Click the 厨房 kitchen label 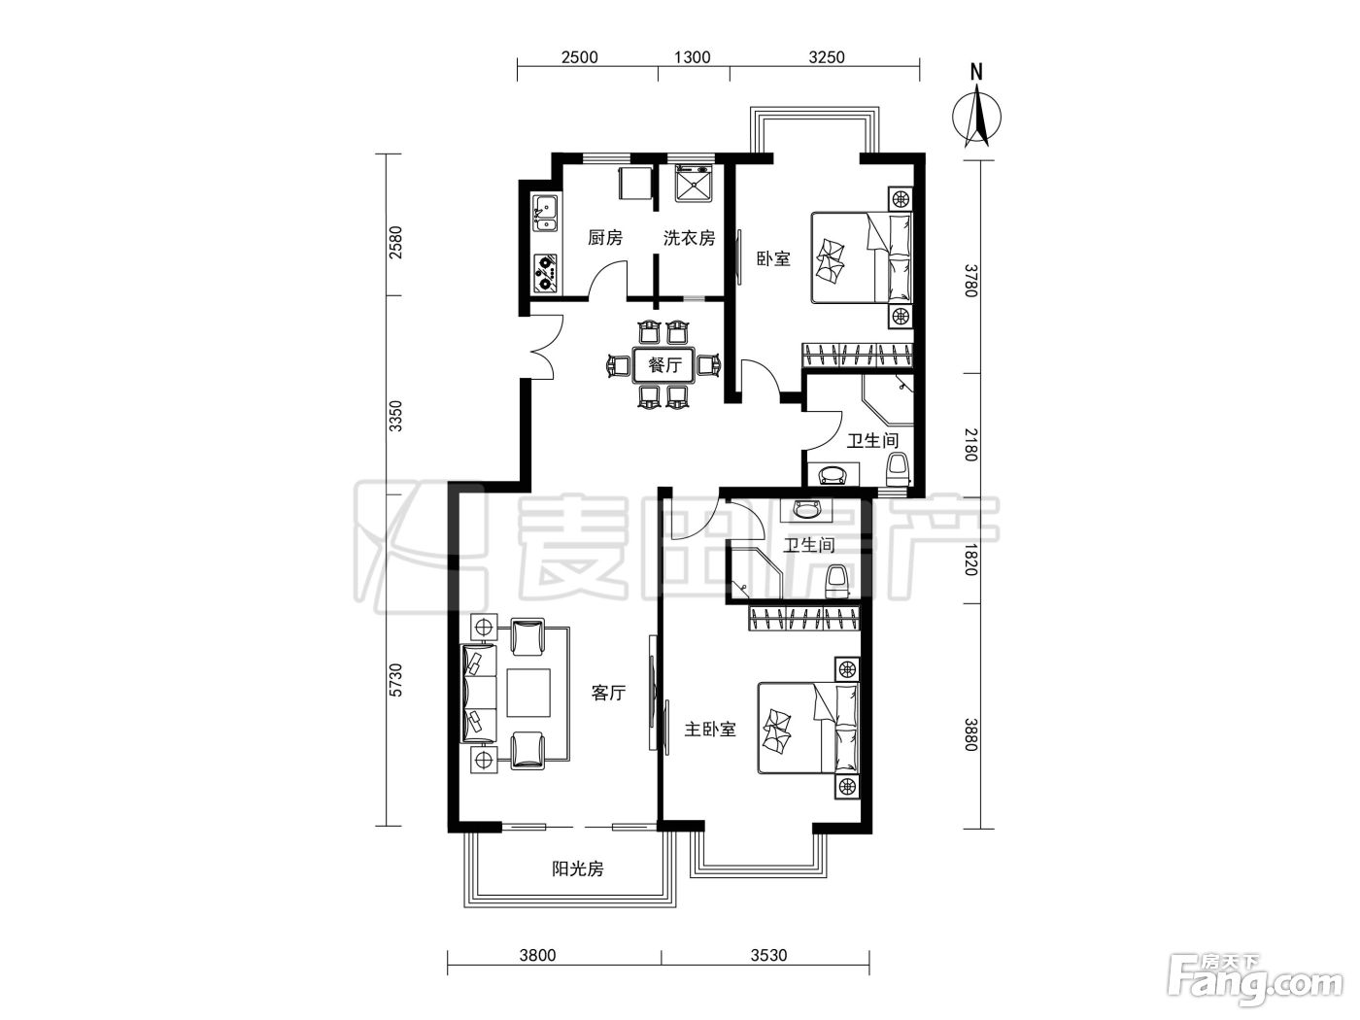[605, 237]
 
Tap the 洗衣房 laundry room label [689, 237]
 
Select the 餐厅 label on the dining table [664, 365]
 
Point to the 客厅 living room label [608, 693]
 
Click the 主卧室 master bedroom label [710, 729]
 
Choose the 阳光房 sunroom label [577, 868]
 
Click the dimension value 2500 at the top [580, 57]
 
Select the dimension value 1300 [692, 57]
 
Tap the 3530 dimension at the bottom [769, 955]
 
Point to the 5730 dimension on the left [396, 680]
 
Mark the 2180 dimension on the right [970, 445]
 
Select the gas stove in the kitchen [112, 273]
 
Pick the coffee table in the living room [527, 693]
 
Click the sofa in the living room [478, 693]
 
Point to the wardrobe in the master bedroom [805, 618]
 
